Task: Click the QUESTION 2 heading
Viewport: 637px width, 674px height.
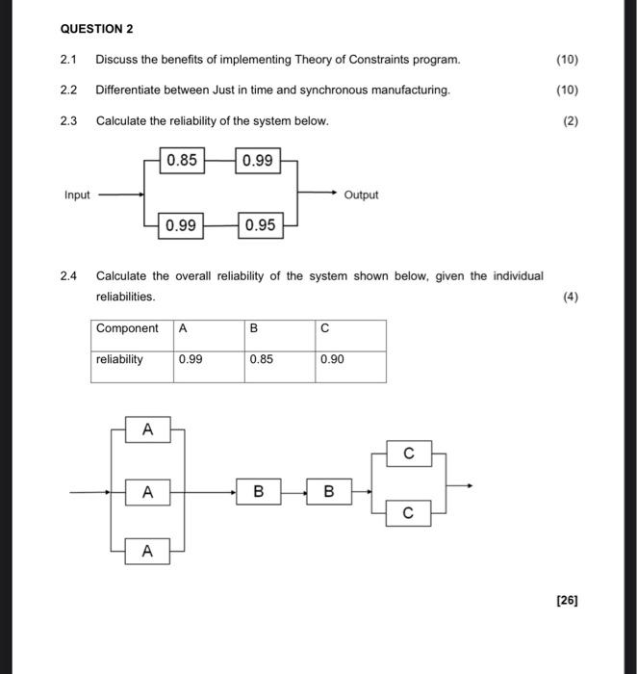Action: (x=97, y=29)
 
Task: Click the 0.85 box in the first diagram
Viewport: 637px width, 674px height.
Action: (x=183, y=161)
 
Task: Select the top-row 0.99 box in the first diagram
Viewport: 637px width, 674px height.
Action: (x=257, y=161)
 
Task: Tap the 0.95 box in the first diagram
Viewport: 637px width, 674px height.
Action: (x=260, y=225)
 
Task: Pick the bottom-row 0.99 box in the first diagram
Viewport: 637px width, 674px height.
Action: (x=181, y=225)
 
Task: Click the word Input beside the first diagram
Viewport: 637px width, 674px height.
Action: (x=77, y=194)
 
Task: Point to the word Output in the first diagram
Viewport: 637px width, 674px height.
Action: (x=361, y=194)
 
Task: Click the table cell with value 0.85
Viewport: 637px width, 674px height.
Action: (x=279, y=359)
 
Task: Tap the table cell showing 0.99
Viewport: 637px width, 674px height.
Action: (x=208, y=359)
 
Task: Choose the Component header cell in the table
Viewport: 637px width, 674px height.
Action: (x=132, y=328)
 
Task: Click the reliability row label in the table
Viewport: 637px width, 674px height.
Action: (x=132, y=359)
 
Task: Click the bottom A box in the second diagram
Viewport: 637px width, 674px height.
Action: (x=147, y=552)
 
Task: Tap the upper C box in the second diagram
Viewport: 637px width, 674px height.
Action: (x=409, y=453)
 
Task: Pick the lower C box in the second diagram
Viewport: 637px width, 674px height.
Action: (x=409, y=514)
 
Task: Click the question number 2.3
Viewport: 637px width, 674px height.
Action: (x=67, y=121)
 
